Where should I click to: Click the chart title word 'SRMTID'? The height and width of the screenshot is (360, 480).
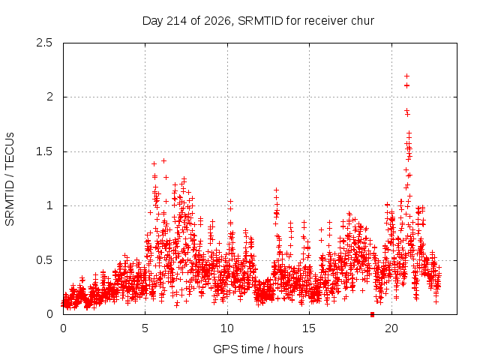coord(260,21)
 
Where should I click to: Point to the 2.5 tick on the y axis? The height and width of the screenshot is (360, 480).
coord(44,43)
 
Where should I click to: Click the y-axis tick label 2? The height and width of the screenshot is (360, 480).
coord(49,97)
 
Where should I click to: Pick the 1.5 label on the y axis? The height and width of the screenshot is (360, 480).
coord(44,151)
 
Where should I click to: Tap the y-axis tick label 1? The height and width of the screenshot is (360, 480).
coord(50,205)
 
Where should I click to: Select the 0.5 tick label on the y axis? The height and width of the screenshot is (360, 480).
coord(44,260)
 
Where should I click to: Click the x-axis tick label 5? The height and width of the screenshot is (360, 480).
coord(145,328)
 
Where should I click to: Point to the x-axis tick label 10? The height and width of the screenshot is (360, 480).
coord(227,328)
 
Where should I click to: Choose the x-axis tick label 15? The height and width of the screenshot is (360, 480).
coord(309,328)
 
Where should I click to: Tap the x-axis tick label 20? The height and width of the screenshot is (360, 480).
coord(391,328)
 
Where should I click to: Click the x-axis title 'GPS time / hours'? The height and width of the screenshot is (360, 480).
coord(258,349)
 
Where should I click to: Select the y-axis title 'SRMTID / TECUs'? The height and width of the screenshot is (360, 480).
coord(10,179)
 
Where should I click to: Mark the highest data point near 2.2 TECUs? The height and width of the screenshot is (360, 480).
coord(406,76)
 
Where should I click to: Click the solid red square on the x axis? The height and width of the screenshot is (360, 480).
coord(372,314)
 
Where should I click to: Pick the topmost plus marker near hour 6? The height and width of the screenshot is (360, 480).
coord(163,160)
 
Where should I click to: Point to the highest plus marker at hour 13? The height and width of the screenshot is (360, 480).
coord(276,190)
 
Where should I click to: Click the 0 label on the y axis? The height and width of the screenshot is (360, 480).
coord(49,314)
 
